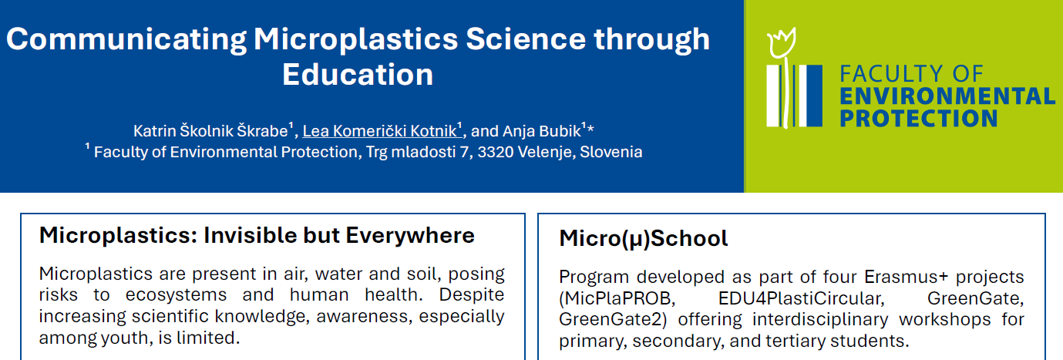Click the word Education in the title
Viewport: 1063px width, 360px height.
358,75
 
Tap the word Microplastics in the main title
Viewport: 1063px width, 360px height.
355,39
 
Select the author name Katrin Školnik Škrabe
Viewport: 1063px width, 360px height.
210,131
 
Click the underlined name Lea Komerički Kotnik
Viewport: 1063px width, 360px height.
379,131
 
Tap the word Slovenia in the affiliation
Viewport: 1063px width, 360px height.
611,152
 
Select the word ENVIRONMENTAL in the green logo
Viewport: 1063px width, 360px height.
947,96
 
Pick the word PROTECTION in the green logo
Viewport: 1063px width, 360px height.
919,118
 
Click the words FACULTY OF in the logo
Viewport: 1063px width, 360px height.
911,74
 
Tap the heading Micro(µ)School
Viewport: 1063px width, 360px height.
643,238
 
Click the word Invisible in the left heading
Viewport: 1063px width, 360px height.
250,235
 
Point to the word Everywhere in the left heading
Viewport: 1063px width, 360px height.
410,235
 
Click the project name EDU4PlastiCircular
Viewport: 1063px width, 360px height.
801,298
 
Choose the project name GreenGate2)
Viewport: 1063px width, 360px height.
613,319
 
